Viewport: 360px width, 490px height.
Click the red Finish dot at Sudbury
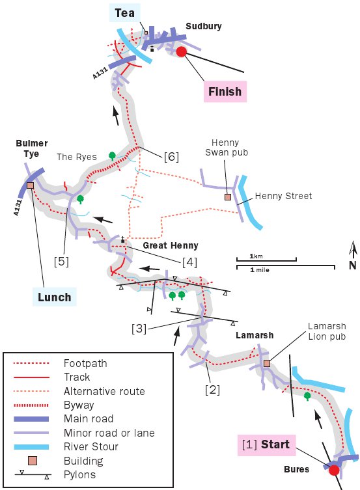pos(181,51)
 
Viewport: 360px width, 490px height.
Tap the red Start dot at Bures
pos(334,470)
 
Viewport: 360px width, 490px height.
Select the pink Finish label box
pos(225,92)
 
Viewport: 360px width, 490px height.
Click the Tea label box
pos(125,13)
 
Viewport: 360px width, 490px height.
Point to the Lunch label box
pos(55,297)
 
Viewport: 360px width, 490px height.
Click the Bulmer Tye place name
pos(31,148)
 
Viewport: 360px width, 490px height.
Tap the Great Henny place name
pos(171,245)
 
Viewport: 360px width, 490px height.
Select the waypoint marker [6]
pos(171,157)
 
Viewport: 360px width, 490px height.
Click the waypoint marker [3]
pos(139,329)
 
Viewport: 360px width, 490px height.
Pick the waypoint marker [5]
pos(61,262)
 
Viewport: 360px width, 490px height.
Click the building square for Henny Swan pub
pos(228,197)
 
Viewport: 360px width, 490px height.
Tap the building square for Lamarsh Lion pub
pos(266,363)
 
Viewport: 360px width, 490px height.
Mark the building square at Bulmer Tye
pos(30,185)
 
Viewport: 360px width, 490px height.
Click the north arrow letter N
pos(353,265)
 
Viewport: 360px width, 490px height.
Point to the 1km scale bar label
pos(256,256)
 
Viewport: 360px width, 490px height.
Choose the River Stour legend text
pos(91,446)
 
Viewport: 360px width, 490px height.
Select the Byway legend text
pos(79,405)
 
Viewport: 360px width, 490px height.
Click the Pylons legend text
pos(79,474)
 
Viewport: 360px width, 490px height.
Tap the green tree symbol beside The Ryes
pos(112,156)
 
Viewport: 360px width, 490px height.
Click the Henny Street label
pos(283,196)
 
